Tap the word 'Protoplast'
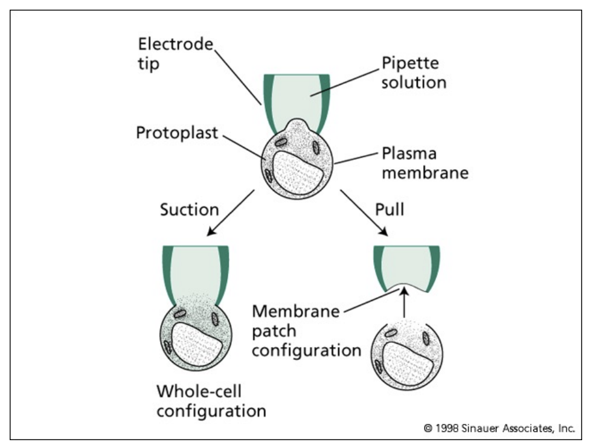177,132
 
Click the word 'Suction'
189,210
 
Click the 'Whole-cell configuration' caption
211,400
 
